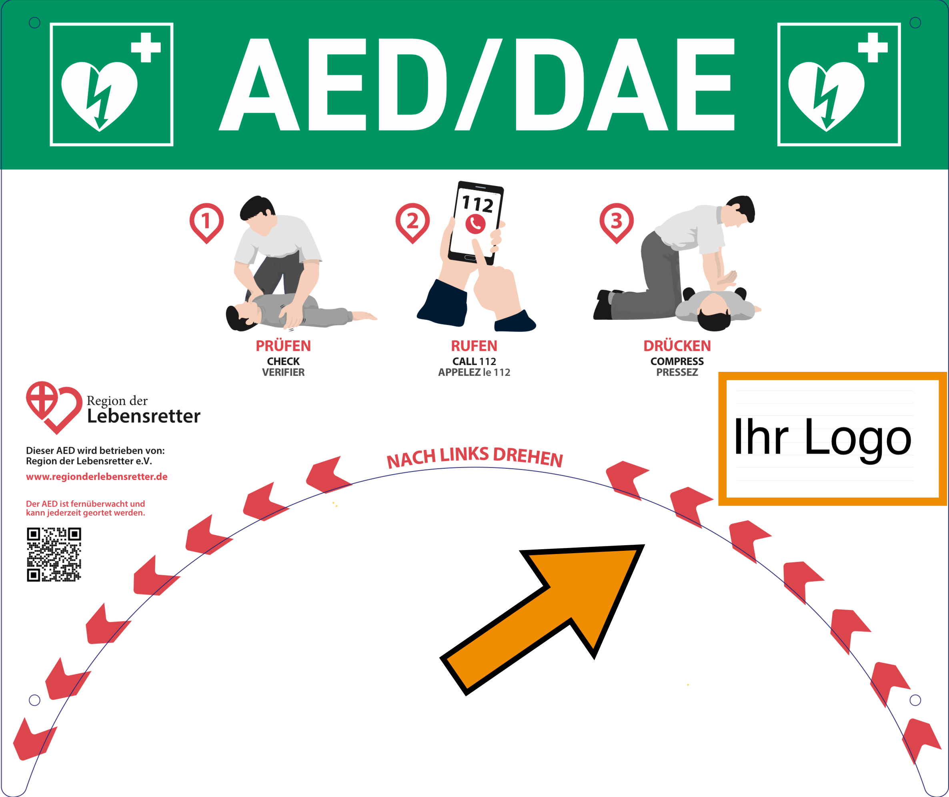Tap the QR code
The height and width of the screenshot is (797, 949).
(x=54, y=554)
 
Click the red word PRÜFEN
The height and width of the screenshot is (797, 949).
(x=283, y=346)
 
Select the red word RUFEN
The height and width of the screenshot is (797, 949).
(x=474, y=346)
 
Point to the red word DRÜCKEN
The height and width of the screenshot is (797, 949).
(x=677, y=346)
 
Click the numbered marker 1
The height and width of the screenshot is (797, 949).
(x=206, y=221)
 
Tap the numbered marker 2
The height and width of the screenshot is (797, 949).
(x=412, y=221)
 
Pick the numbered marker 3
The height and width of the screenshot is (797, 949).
(x=617, y=221)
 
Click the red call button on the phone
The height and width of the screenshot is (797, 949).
(x=475, y=224)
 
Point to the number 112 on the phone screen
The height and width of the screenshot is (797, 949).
(x=478, y=204)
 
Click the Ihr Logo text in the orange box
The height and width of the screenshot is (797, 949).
(x=823, y=438)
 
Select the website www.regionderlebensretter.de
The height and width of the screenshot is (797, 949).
(x=97, y=476)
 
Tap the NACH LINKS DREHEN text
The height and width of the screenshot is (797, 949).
(x=474, y=457)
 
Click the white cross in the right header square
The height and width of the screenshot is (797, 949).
(x=873, y=47)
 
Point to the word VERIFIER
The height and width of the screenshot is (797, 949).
(x=283, y=373)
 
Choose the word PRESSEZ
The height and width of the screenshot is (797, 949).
(x=677, y=373)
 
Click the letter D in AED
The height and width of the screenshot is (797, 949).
(x=411, y=84)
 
